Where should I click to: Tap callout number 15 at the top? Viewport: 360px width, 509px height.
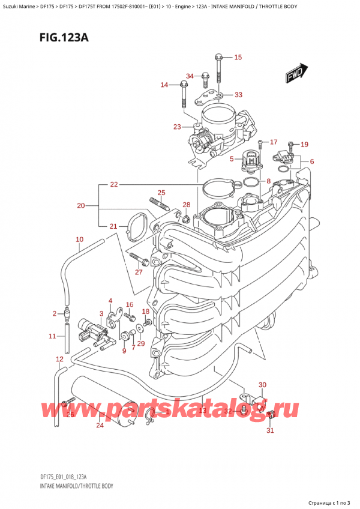coord(238,58)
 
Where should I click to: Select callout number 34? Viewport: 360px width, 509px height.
coord(190,76)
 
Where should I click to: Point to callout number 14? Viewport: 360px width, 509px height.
coord(164,85)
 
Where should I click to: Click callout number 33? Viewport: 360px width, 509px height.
coord(238,95)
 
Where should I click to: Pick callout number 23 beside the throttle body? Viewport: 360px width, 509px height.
coord(176,127)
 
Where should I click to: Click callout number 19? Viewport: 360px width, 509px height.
coord(304,144)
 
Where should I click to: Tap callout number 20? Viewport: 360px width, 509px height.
coord(82,206)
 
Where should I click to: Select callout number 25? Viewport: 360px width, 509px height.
coord(161,193)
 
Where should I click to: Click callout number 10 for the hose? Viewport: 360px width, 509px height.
coord(79,240)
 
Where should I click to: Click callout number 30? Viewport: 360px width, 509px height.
coord(262,385)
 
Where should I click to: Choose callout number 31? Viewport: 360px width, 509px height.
coord(270,430)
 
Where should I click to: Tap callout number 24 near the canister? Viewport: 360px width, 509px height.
coord(100,426)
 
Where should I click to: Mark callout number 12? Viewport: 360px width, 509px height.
coord(59,359)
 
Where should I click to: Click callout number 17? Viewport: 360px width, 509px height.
coord(274,142)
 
